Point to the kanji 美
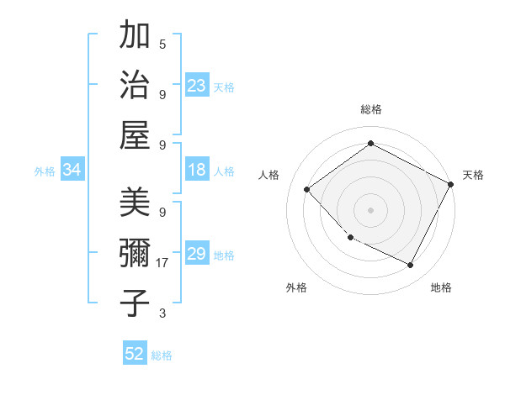[x=136, y=202]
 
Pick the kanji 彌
[x=136, y=253]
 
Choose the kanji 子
[x=136, y=303]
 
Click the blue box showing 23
[x=197, y=86]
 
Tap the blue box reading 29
[x=197, y=254]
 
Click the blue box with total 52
[x=135, y=354]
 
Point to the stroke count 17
[x=163, y=263]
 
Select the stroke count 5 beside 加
[x=162, y=44]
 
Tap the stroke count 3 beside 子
[x=162, y=313]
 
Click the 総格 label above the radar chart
[x=371, y=109]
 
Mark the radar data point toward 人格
[x=307, y=189]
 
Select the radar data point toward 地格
[x=411, y=266]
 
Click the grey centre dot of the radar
[x=370, y=209]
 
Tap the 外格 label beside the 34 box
[x=45, y=171]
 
